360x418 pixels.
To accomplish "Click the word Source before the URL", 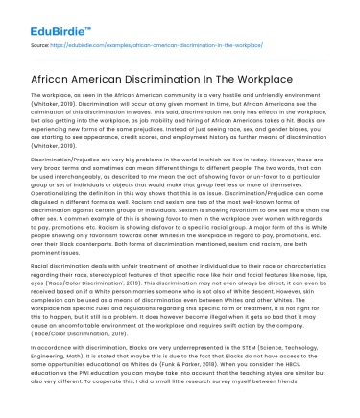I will click(39, 45).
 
